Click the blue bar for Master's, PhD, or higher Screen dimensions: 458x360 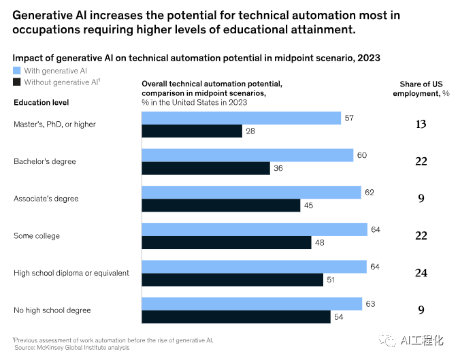pyautogui.click(x=242, y=118)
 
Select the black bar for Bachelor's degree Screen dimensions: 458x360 pyautogui.click(x=206, y=168)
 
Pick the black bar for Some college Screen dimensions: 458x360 pyautogui.click(x=227, y=242)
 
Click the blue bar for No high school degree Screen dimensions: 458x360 pyautogui.click(x=252, y=304)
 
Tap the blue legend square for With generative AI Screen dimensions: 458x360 pyautogui.click(x=16, y=71)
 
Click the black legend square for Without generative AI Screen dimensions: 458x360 pyautogui.click(x=16, y=82)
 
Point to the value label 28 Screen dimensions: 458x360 pyautogui.click(x=250, y=131)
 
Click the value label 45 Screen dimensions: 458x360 pyautogui.click(x=308, y=206)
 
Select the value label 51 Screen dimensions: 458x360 pyautogui.click(x=331, y=280)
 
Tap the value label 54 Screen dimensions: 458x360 pyautogui.click(x=338, y=317)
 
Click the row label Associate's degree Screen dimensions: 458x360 pyautogui.click(x=46, y=199)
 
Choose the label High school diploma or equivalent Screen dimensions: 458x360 pyautogui.click(x=71, y=273)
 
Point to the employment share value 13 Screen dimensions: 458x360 pyautogui.click(x=421, y=124)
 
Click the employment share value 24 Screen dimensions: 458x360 pyautogui.click(x=421, y=273)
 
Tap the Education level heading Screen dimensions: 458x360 pyautogui.click(x=42, y=103)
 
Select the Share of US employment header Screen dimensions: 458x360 pyautogui.click(x=421, y=89)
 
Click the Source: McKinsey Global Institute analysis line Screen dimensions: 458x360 pyautogui.click(x=72, y=348)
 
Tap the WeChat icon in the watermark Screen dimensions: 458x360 pyautogui.click(x=387, y=340)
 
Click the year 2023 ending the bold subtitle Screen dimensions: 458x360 pyautogui.click(x=369, y=58)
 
